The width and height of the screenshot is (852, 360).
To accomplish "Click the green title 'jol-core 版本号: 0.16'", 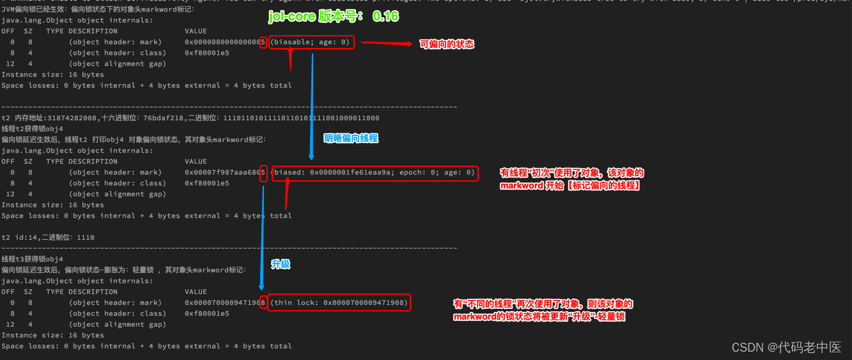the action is tap(334, 16).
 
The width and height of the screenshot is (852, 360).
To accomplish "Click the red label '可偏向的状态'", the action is tap(447, 44).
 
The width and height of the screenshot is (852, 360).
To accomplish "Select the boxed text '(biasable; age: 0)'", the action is tap(311, 42).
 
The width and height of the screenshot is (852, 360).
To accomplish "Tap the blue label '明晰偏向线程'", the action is tap(351, 138).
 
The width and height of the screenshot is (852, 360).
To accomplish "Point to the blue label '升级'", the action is tap(281, 264).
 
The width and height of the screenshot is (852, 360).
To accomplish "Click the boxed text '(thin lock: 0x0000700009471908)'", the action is tap(339, 302).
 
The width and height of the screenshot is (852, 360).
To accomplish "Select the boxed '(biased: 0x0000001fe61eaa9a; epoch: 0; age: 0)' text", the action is tap(375, 173).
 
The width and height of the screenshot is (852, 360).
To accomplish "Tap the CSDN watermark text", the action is tap(786, 347).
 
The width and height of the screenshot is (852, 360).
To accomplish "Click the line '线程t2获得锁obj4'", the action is tap(33, 129).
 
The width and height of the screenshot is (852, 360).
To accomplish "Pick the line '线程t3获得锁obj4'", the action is tap(33, 259).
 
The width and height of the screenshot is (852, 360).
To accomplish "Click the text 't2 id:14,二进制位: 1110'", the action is tap(48, 237).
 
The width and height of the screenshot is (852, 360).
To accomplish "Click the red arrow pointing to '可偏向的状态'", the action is tap(386, 43).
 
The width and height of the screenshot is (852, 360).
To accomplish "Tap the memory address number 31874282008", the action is tap(72, 118).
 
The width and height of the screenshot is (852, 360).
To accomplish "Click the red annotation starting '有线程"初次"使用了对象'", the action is tap(571, 179).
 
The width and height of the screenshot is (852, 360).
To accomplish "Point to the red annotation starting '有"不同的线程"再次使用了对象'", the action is tap(543, 310).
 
